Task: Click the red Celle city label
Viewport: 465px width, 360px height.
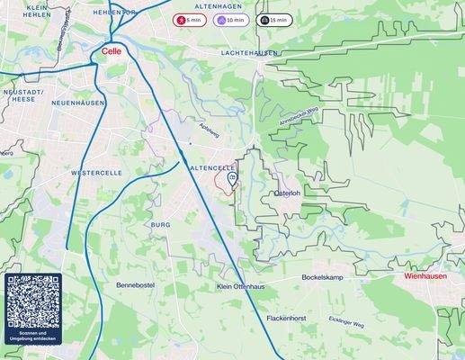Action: pyautogui.click(x=112, y=51)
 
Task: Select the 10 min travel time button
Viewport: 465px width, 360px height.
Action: pyautogui.click(x=230, y=19)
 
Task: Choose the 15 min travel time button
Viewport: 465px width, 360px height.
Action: pyautogui.click(x=273, y=19)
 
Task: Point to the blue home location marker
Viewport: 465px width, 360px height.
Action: pyautogui.click(x=232, y=181)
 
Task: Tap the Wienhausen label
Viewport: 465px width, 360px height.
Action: pyautogui.click(x=425, y=277)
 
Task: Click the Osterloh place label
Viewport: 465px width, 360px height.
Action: pyautogui.click(x=286, y=193)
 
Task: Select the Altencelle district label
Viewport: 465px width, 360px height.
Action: pyautogui.click(x=212, y=167)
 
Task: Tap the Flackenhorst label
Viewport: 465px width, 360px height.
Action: pyautogui.click(x=288, y=319)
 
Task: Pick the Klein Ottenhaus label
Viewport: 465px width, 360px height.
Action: pyautogui.click(x=241, y=286)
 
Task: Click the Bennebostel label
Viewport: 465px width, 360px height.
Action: pyautogui.click(x=136, y=285)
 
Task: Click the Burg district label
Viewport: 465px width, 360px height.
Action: pyautogui.click(x=161, y=224)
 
